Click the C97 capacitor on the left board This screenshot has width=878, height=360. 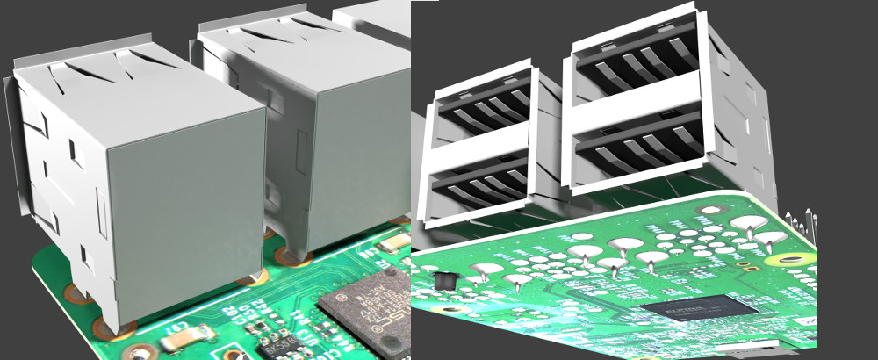point(196,335)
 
